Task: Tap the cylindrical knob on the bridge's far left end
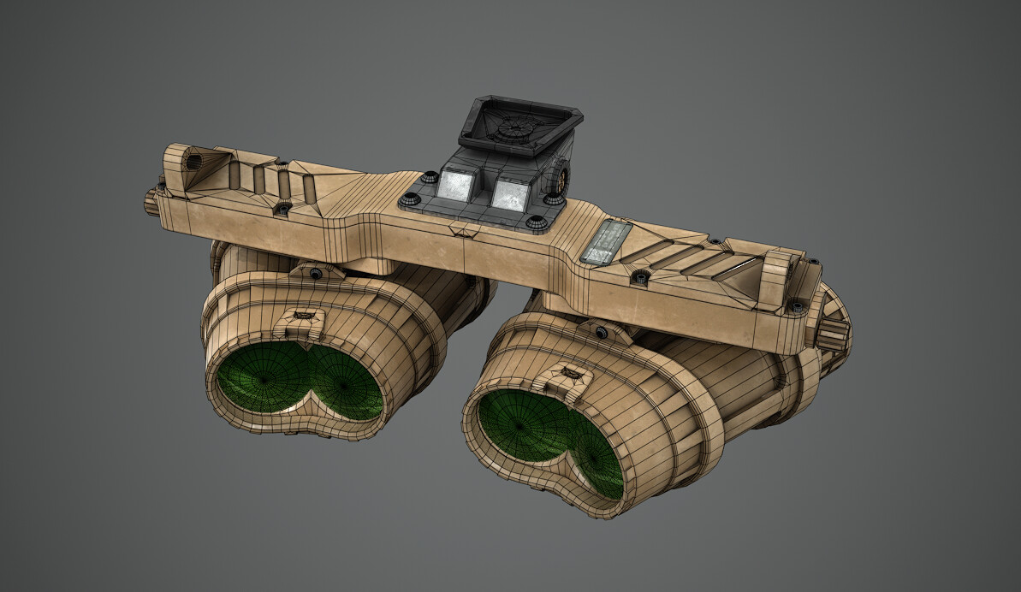pos(152,200)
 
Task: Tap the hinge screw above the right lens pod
pos(603,331)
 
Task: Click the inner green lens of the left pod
pos(347,383)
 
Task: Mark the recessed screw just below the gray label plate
pos(640,276)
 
